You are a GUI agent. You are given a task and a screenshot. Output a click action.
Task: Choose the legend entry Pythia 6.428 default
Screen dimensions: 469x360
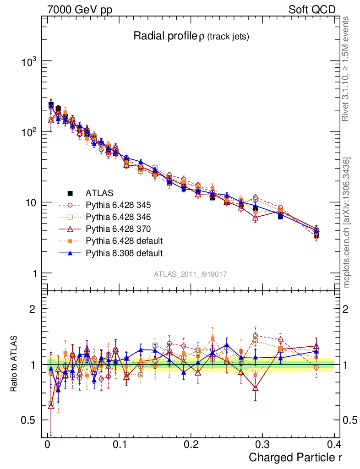tap(124, 240)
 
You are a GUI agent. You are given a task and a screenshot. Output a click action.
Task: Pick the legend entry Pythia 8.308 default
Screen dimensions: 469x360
tap(124, 252)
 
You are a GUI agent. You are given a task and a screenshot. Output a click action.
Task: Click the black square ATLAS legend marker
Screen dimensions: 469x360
tap(71, 193)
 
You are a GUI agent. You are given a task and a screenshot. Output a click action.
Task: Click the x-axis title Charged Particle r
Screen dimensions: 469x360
tap(295, 458)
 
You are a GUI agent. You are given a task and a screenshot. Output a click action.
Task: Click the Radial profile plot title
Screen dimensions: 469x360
tap(191, 37)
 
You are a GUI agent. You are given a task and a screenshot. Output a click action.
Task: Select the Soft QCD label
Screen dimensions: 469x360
tap(312, 9)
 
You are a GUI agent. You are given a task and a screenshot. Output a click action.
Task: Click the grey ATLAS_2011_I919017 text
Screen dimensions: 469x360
tap(191, 274)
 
